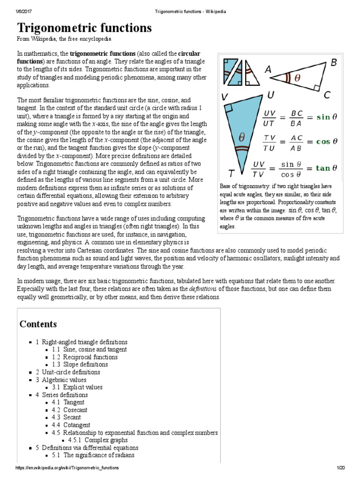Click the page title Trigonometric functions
84,28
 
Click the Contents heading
38,324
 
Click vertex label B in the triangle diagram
334,63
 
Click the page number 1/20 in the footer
340,468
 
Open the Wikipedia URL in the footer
67,468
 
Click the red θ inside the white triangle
297,79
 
